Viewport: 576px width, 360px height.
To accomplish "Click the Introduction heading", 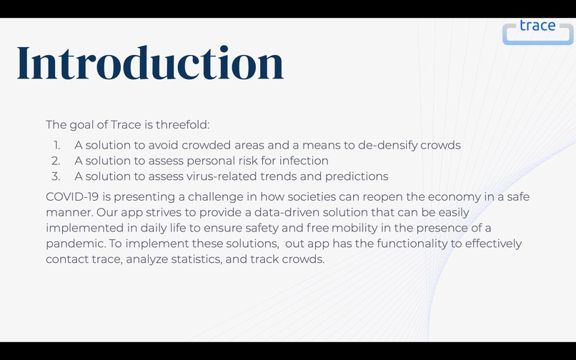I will [x=150, y=63].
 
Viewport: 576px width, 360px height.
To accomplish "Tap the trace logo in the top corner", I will [x=537, y=29].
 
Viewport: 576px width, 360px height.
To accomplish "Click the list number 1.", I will [x=56, y=145].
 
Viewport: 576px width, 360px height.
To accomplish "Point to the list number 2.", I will [x=56, y=161].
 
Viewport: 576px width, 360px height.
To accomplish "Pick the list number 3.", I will [x=56, y=176].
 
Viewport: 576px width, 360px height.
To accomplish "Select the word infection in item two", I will [x=304, y=161].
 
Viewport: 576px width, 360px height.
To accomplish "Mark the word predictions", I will [x=354, y=176].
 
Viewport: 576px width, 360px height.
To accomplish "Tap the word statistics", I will [x=215, y=259].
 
